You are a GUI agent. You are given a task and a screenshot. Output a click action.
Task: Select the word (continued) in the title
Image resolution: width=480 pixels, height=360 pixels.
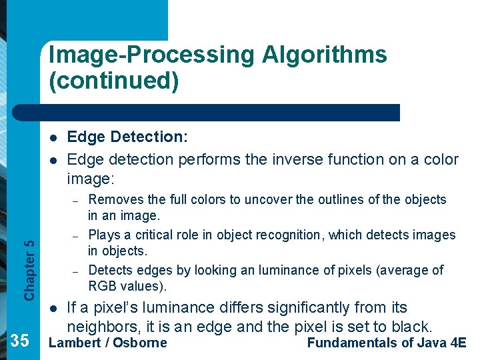click(114, 81)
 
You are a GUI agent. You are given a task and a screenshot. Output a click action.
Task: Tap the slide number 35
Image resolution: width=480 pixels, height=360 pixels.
click(20, 341)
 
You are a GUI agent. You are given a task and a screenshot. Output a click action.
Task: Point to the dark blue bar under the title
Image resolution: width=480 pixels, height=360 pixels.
click(220, 113)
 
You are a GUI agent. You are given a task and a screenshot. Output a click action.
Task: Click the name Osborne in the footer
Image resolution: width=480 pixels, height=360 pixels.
click(140, 343)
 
